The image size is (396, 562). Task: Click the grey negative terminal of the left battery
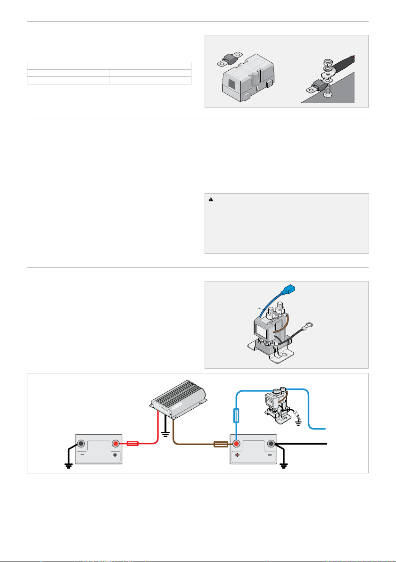pos(81,443)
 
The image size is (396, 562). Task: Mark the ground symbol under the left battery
pos(68,466)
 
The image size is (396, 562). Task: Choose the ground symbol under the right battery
pos(284,466)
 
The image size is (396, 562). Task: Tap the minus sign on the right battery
pos(271,456)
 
